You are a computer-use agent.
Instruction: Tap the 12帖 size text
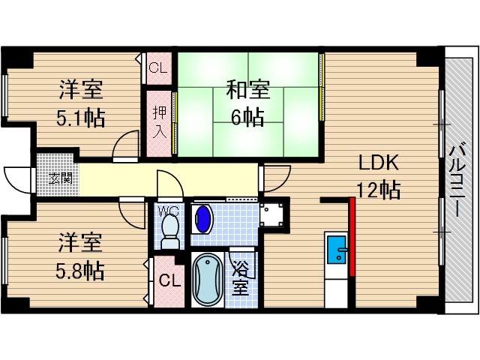(x=379, y=190)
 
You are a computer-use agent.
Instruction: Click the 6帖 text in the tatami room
(x=247, y=117)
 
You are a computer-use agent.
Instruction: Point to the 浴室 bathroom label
(x=240, y=277)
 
